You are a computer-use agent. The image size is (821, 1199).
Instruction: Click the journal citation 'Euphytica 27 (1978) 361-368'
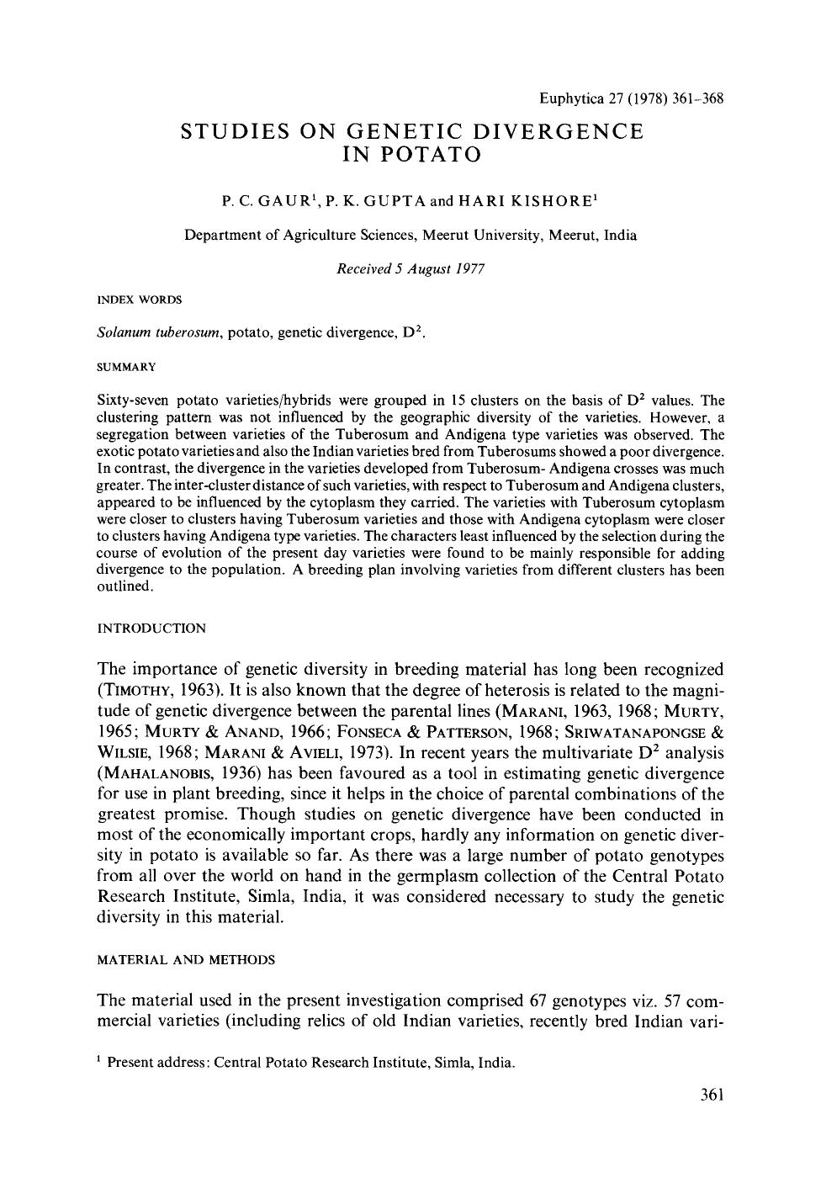[631, 98]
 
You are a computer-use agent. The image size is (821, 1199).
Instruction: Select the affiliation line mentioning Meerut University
[410, 235]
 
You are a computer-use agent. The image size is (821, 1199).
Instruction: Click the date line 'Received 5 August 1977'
[410, 268]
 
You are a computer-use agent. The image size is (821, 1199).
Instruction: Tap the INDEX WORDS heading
[140, 299]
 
